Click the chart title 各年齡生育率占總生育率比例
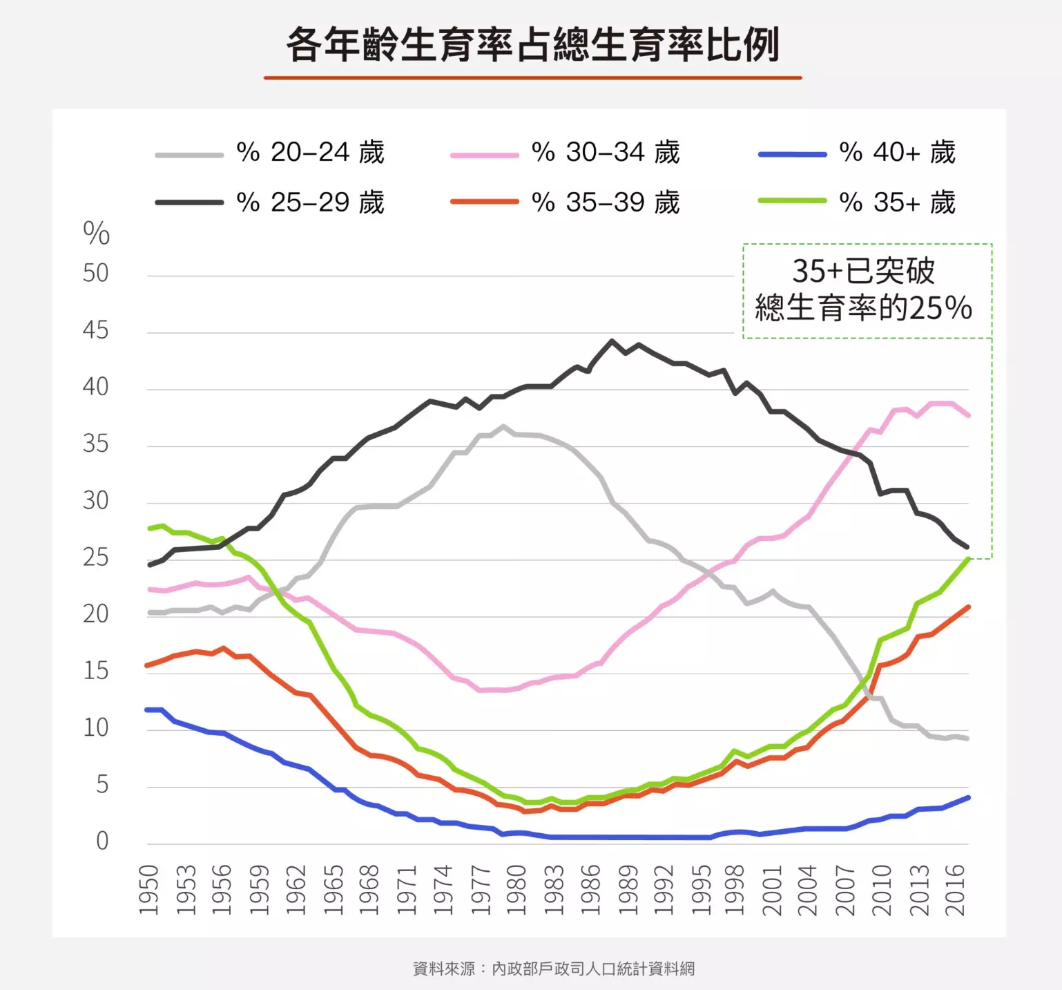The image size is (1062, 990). coord(532,45)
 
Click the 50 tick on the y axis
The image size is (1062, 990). coord(96,274)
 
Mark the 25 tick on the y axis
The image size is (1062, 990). coord(96,558)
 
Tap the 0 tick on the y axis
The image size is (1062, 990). coord(102,841)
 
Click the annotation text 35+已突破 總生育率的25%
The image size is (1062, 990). coord(864,290)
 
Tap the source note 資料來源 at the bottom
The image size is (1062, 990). coord(553,969)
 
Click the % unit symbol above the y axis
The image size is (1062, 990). coord(96,234)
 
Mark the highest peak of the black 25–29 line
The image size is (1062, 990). coord(612,341)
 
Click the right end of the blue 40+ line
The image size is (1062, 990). coord(968,797)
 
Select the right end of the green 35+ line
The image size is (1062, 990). coord(969,559)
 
